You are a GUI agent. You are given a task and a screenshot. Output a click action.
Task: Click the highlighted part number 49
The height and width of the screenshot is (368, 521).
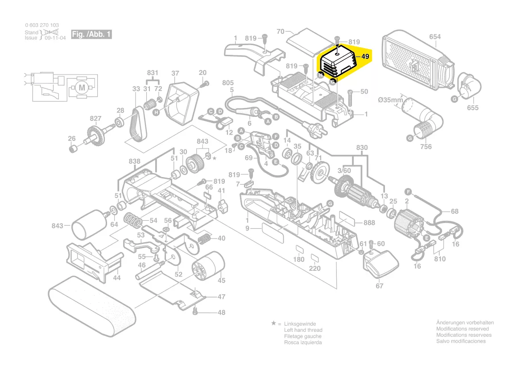pyautogui.click(x=365, y=57)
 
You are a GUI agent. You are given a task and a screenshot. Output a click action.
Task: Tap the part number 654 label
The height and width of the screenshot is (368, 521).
pyautogui.click(x=435, y=37)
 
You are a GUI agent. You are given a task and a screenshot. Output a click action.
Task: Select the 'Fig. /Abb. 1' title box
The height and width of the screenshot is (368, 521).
pyautogui.click(x=91, y=34)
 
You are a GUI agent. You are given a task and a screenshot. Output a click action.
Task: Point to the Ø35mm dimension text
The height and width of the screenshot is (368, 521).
pyautogui.click(x=390, y=100)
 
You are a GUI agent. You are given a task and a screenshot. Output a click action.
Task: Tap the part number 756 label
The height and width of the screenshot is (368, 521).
pyautogui.click(x=426, y=146)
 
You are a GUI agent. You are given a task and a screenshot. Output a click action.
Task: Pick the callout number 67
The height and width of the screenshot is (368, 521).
pyautogui.click(x=379, y=286)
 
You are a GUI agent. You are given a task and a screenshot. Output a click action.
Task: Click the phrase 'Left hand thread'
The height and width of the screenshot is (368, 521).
pyautogui.click(x=303, y=330)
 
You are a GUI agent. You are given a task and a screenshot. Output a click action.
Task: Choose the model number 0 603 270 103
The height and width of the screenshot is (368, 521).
pyautogui.click(x=41, y=25)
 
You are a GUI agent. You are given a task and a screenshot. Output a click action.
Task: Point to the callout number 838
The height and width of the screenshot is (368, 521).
pyautogui.click(x=134, y=161)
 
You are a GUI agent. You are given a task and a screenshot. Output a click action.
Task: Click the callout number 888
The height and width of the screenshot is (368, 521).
pyautogui.click(x=369, y=223)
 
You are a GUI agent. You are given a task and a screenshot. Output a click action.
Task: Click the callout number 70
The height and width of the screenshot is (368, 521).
pyautogui.click(x=280, y=32)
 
